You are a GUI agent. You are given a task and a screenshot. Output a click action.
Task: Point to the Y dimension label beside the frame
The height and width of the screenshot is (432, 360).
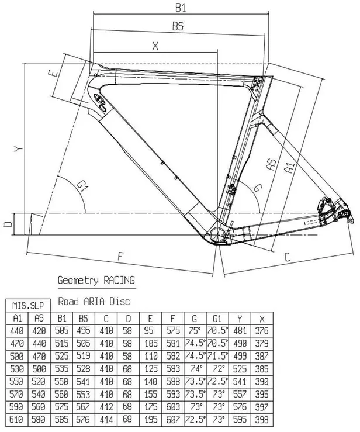click(18, 150)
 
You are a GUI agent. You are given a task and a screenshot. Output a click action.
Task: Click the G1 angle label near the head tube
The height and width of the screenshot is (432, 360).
click(83, 186)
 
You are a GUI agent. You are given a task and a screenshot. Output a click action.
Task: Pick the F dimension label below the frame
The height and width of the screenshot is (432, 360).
click(121, 255)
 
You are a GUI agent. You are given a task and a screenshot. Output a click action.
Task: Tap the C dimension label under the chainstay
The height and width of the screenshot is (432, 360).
click(288, 256)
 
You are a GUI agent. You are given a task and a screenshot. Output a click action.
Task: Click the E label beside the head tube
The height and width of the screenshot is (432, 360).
click(53, 74)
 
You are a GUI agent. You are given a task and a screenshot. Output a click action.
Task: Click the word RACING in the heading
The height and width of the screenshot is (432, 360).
click(119, 281)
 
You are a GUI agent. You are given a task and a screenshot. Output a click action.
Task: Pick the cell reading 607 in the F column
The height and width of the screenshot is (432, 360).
click(172, 419)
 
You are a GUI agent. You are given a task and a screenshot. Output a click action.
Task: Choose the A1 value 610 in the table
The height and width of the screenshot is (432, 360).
click(16, 419)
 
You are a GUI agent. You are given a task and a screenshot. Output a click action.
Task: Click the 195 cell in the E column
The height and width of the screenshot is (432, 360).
click(150, 419)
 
